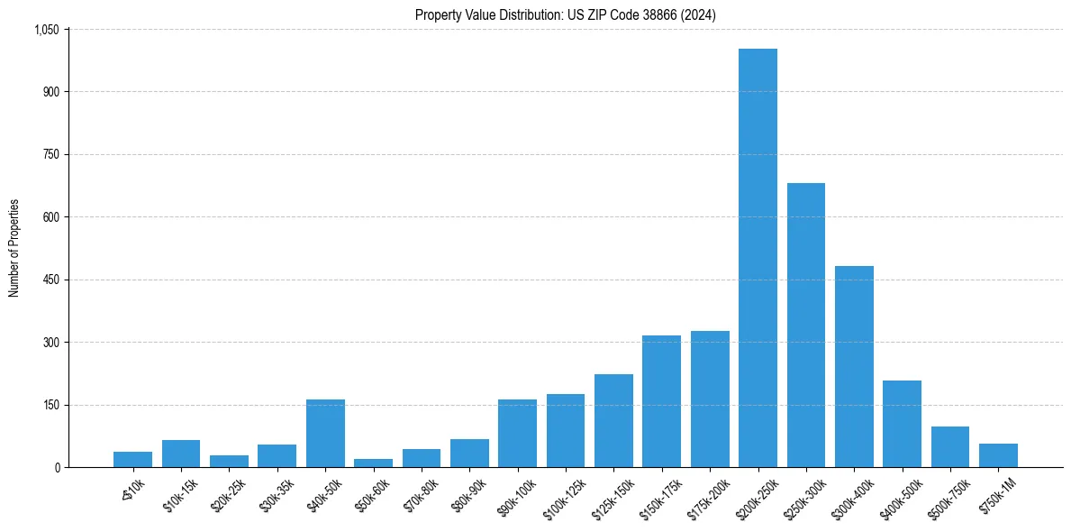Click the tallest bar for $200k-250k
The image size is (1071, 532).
click(758, 258)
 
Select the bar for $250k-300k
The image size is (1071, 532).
click(806, 326)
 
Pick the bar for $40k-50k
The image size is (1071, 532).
click(325, 434)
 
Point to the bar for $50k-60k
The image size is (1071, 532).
click(373, 463)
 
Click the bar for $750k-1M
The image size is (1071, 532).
click(998, 455)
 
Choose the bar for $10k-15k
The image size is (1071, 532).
click(181, 454)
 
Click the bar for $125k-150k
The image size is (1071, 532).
click(613, 421)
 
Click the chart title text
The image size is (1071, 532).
click(566, 14)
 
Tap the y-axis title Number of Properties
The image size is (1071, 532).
click(14, 248)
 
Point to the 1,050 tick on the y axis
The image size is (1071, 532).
click(46, 30)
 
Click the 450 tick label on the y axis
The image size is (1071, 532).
click(50, 280)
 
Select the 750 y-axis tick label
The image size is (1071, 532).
click(50, 155)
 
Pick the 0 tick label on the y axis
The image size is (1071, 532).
click(57, 467)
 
